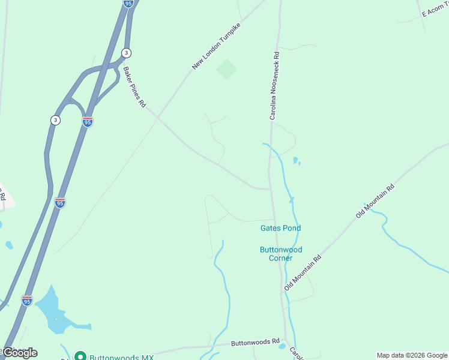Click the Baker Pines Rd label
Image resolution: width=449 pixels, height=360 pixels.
[135, 87]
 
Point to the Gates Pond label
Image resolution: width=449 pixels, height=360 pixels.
[280, 228]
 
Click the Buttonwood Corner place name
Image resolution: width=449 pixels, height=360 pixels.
[280, 254]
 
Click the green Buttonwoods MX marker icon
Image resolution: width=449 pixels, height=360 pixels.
[80, 357]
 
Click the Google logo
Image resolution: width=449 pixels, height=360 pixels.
[19, 353]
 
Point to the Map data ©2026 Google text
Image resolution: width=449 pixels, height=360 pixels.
[412, 355]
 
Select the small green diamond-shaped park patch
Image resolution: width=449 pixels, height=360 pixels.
[226, 69]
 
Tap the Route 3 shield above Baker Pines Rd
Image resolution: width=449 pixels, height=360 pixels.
[126, 52]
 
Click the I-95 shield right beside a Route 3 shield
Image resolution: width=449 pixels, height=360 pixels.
[88, 121]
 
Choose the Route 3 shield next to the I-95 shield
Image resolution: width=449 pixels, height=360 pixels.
[55, 120]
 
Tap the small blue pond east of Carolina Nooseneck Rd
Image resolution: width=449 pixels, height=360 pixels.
[295, 160]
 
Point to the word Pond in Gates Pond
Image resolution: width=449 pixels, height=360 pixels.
[291, 228]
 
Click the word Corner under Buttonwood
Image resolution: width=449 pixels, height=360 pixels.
[280, 259]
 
